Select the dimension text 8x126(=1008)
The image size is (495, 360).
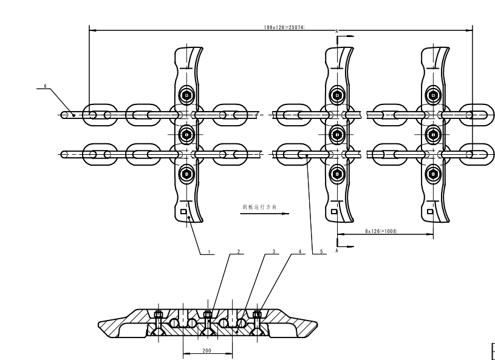tap(381, 231)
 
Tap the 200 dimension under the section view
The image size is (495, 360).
tap(208, 351)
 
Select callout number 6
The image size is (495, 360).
tap(44, 86)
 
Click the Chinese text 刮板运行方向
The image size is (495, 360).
tap(259, 206)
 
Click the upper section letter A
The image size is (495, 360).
tap(337, 30)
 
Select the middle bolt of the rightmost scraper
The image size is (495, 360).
tap(433, 134)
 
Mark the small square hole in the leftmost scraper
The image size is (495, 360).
tap(183, 211)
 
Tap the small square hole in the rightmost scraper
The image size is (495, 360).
tap(429, 211)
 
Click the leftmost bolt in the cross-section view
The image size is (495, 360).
tap(159, 315)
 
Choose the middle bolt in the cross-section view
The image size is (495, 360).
tap(208, 314)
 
